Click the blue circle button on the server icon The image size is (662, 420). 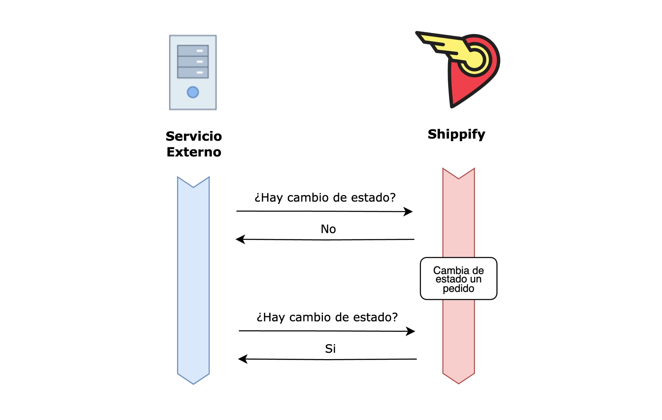click(x=193, y=92)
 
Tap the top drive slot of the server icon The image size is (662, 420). click(x=193, y=51)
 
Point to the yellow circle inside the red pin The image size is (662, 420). click(x=475, y=59)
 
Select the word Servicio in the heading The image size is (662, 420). click(x=194, y=136)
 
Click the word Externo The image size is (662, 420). click(x=194, y=152)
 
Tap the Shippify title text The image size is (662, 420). click(x=456, y=134)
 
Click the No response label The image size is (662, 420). click(x=328, y=229)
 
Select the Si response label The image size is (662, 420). click(x=330, y=348)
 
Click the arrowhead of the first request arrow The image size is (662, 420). click(x=409, y=211)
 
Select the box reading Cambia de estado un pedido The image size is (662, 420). click(x=458, y=278)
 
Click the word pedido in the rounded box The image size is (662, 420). click(x=458, y=288)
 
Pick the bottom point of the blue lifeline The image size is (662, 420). click(x=193, y=383)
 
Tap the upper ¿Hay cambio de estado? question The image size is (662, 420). click(x=325, y=198)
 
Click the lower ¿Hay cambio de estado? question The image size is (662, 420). click(x=327, y=317)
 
